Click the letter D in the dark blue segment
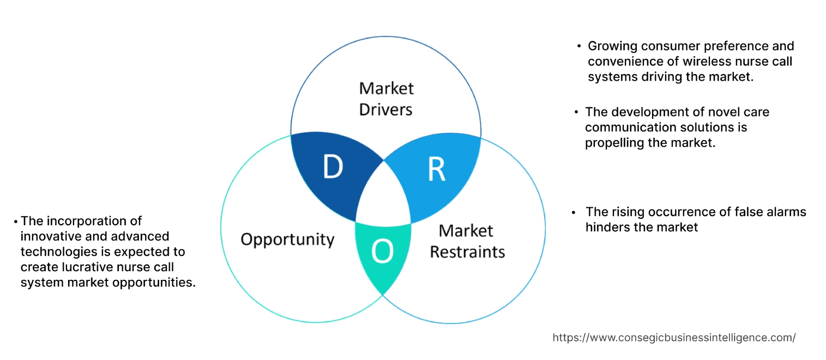pyautogui.click(x=332, y=167)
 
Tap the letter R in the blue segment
pyautogui.click(x=436, y=170)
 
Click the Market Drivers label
pyautogui.click(x=386, y=99)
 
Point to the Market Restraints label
pyautogui.click(x=467, y=241)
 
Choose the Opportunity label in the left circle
pyautogui.click(x=287, y=239)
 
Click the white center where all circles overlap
pyautogui.click(x=384, y=194)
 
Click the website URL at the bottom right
pyautogui.click(x=674, y=338)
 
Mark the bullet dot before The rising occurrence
pyautogui.click(x=574, y=212)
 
